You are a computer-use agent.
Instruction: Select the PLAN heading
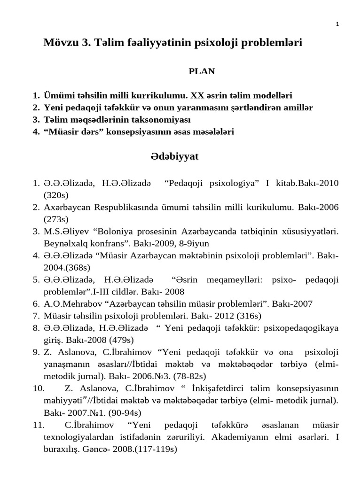tap(202, 71)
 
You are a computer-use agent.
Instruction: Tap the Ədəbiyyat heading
tap(174, 157)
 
